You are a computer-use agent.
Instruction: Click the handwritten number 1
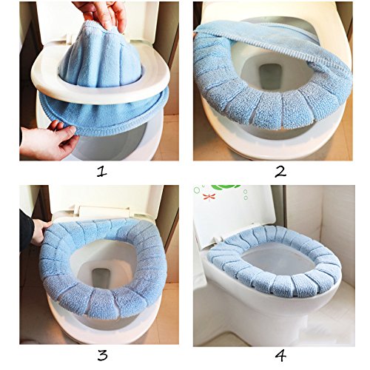102,172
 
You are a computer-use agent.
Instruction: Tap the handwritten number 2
280,172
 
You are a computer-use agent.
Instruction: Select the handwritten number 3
102,355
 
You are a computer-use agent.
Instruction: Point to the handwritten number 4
280,356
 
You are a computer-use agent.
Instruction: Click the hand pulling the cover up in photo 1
104,15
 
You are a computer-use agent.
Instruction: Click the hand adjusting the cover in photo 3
41,232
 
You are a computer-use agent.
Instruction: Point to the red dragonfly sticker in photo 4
209,197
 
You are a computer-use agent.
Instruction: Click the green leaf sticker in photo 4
226,188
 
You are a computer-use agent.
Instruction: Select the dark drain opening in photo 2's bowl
271,77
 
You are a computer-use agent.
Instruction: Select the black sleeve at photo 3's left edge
26,229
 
